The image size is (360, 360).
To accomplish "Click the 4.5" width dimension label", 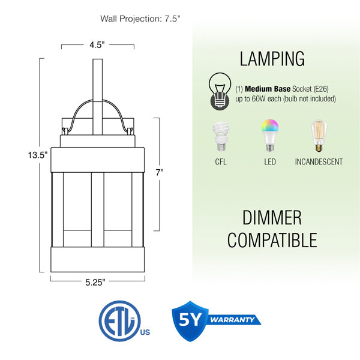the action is click(97, 45).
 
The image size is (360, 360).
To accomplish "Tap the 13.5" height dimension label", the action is click(38, 155).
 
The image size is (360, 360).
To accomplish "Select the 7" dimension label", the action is click(160, 172).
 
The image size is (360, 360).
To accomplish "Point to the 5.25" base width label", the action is click(95, 282).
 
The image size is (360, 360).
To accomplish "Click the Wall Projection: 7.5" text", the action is click(140, 19).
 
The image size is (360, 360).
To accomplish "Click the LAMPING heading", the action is click(272, 59).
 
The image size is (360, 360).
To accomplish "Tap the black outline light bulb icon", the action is click(220, 91).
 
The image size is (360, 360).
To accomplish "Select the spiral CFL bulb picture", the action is click(221, 136).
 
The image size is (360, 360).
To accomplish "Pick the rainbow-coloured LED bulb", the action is click(270, 135).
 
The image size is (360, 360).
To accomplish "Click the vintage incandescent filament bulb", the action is click(319, 135).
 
